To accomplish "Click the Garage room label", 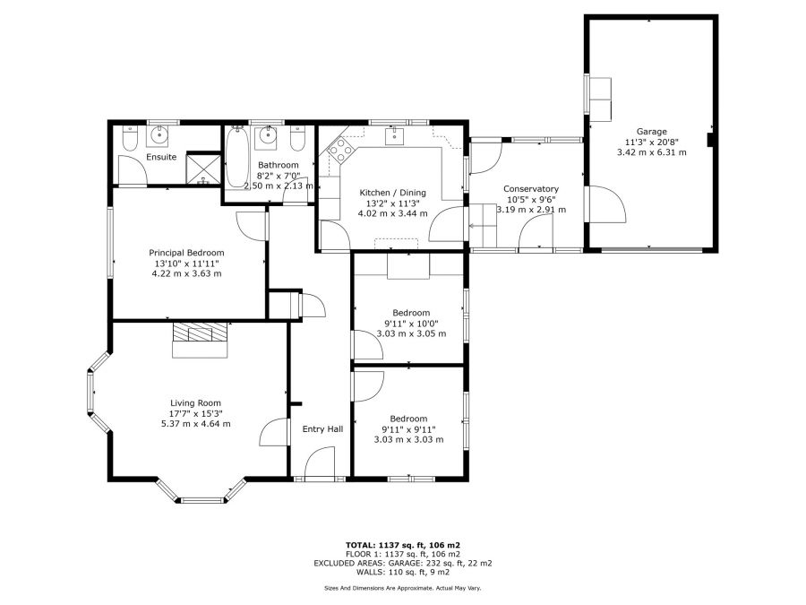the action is tap(651, 132).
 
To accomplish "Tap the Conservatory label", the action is tap(531, 189).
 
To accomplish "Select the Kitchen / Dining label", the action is tap(393, 193).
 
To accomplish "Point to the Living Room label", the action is tap(195, 404).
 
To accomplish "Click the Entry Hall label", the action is tap(322, 429).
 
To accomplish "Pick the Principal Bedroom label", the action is tap(186, 253).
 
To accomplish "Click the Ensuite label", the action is tap(161, 157).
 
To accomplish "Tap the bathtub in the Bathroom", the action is tap(237, 157).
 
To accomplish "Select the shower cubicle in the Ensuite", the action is tap(203, 169).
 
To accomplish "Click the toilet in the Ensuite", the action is tap(129, 138).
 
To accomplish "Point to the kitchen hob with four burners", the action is tap(339, 151).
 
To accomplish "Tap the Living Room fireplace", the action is tap(200, 340).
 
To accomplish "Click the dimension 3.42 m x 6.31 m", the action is tap(651, 152).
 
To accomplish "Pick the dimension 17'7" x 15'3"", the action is tap(195, 414).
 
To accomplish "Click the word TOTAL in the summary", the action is tap(360, 545).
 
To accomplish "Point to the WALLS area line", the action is tap(403, 572).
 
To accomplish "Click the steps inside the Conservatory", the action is tap(484, 225).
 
